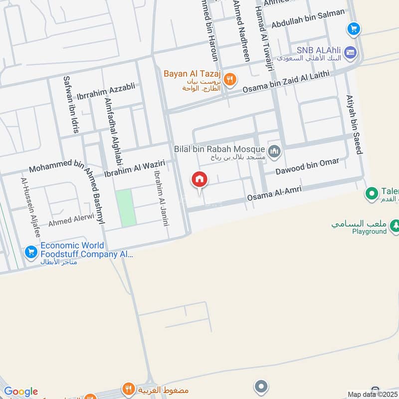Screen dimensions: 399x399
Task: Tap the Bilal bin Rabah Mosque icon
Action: pos(274,151)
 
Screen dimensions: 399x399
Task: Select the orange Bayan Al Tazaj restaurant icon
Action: pos(230,79)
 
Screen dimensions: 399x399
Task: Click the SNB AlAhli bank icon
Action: pos(351,52)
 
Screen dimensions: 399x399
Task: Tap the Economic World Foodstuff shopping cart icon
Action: pos(31,252)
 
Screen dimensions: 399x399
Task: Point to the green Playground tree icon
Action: pos(395,224)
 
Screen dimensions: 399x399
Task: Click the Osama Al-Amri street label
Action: pos(270,195)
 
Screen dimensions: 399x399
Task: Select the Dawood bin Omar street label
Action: pos(307,166)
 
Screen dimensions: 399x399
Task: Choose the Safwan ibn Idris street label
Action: pos(70,104)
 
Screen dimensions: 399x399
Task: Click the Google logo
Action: pos(20,392)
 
